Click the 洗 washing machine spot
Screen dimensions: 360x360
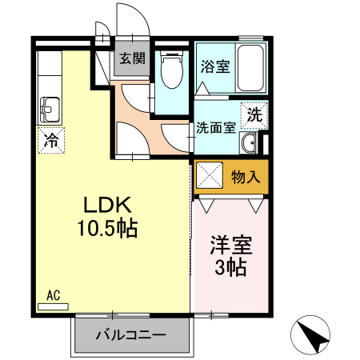(x=254, y=114)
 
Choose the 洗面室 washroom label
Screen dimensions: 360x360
(x=216, y=126)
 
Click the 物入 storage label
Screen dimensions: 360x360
(x=246, y=177)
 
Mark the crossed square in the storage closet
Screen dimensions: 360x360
(x=210, y=176)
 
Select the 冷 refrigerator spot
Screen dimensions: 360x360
(x=50, y=141)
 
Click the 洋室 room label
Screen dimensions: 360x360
(x=230, y=244)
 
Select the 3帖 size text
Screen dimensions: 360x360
(x=230, y=266)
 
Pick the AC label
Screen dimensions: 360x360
(x=54, y=295)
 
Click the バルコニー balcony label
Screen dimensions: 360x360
(x=133, y=334)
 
